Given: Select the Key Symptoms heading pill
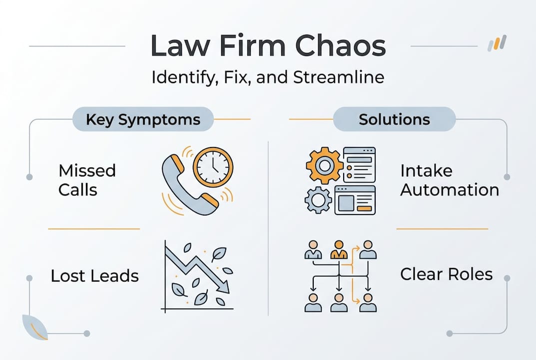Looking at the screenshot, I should pyautogui.click(x=143, y=120).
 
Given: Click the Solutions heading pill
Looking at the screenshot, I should pyautogui.click(x=394, y=120).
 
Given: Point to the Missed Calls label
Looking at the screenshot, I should pyautogui.click(x=87, y=180).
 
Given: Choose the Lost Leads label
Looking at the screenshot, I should pyautogui.click(x=94, y=275).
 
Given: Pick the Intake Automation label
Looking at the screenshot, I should pyautogui.click(x=449, y=180).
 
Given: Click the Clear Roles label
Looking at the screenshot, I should pyautogui.click(x=446, y=274).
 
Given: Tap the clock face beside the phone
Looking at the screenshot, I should pyautogui.click(x=213, y=166).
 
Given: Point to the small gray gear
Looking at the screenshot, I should pyautogui.click(x=318, y=200).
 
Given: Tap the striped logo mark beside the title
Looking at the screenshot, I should pyautogui.click(x=497, y=43).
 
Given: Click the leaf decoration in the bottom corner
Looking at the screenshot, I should pyautogui.click(x=35, y=327).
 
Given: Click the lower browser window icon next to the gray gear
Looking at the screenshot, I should pyautogui.click(x=355, y=199).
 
